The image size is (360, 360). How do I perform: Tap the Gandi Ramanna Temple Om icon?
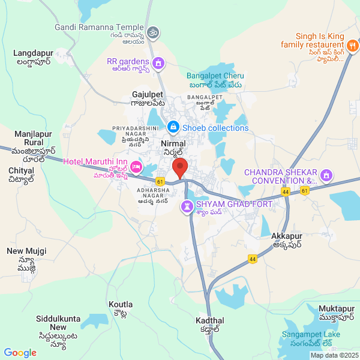153,29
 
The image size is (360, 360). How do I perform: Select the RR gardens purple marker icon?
158,62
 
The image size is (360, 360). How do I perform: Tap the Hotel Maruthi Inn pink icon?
136,166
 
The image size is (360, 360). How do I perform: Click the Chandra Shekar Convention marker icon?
326,176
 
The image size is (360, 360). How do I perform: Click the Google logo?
20,353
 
